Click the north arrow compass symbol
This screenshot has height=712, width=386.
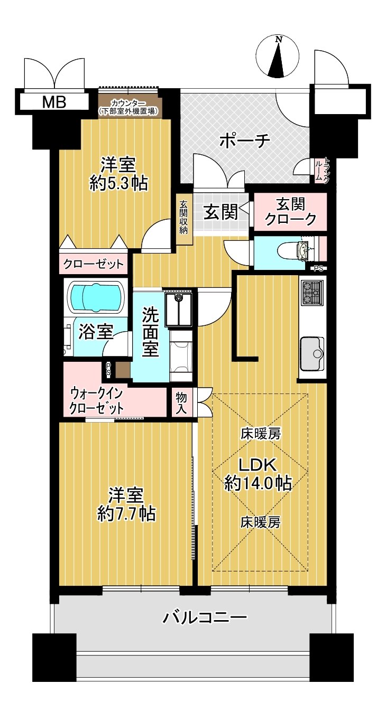pyautogui.click(x=278, y=57)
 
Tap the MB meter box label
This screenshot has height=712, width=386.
pyautogui.click(x=54, y=102)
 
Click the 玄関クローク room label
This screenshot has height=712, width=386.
pyautogui.click(x=290, y=211)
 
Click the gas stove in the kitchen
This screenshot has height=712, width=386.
pyautogui.click(x=311, y=293)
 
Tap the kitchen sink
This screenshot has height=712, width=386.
pyautogui.click(x=312, y=353)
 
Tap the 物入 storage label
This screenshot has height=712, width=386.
pyautogui.click(x=182, y=403)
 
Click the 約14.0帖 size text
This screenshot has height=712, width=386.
pyautogui.click(x=258, y=483)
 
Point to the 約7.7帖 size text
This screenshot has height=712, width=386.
pyautogui.click(x=126, y=513)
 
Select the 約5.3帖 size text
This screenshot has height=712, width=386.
pyautogui.click(x=118, y=183)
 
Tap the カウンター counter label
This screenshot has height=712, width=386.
pyautogui.click(x=128, y=104)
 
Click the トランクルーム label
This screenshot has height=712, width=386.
pyautogui.click(x=321, y=170)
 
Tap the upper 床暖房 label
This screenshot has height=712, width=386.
pyautogui.click(x=260, y=434)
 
